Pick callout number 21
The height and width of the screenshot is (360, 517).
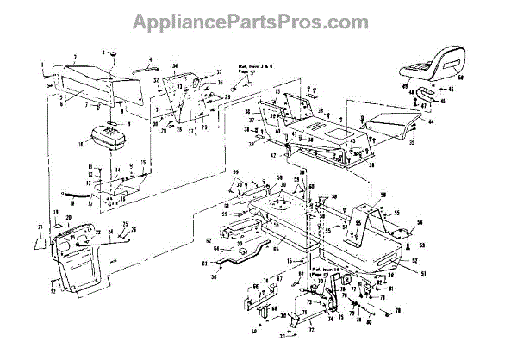coord(38,227)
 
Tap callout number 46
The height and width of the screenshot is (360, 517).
coord(451,88)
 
